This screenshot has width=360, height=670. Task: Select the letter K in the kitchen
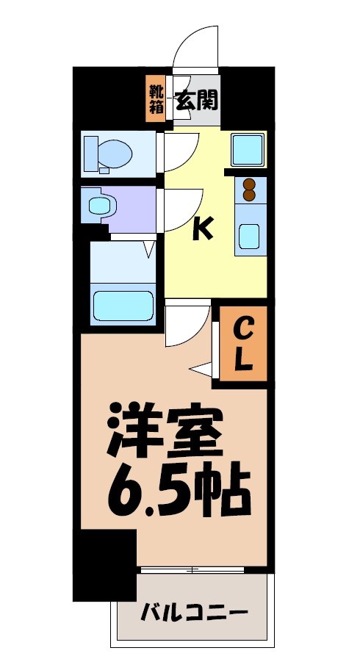pyautogui.click(x=202, y=230)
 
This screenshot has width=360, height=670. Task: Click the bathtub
pyautogui.click(x=122, y=304)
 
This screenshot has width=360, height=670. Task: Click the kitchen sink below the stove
pyautogui.click(x=250, y=237)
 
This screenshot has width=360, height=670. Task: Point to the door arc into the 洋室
pyautogui.click(x=185, y=325)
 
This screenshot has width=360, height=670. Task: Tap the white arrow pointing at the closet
pyautogui.click(x=200, y=368)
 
